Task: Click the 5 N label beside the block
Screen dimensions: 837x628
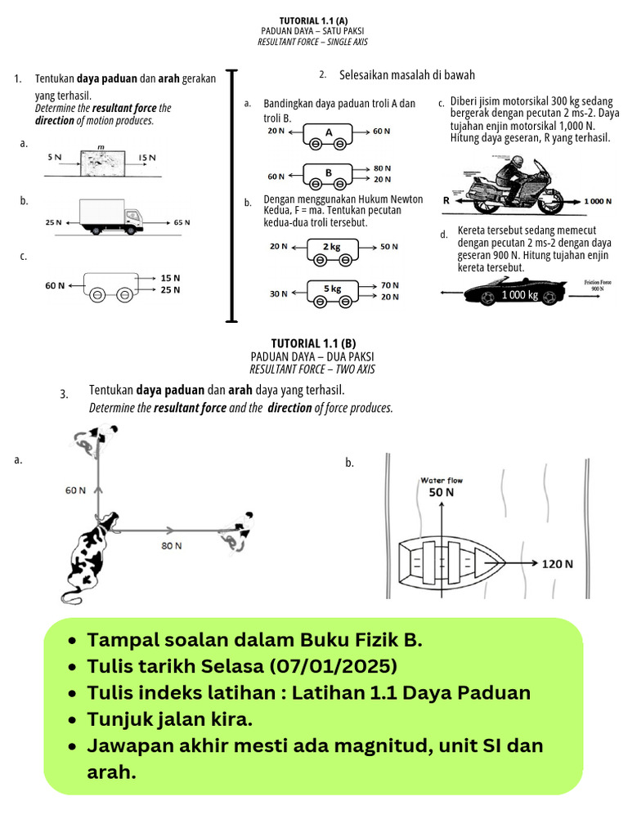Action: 54,156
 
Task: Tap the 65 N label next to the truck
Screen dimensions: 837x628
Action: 182,222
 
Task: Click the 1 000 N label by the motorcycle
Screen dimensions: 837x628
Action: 598,200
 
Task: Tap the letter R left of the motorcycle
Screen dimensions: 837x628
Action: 446,200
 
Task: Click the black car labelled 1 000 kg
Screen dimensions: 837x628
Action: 520,292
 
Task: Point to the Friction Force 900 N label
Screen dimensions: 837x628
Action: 597,285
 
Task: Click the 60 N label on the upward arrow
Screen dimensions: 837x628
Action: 75,490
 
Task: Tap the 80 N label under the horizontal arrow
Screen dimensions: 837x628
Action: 172,544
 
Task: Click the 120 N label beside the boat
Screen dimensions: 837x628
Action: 558,564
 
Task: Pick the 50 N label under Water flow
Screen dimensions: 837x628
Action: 442,493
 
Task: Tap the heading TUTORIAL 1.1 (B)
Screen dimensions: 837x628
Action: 314,343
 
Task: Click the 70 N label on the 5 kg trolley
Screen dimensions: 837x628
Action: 389,284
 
